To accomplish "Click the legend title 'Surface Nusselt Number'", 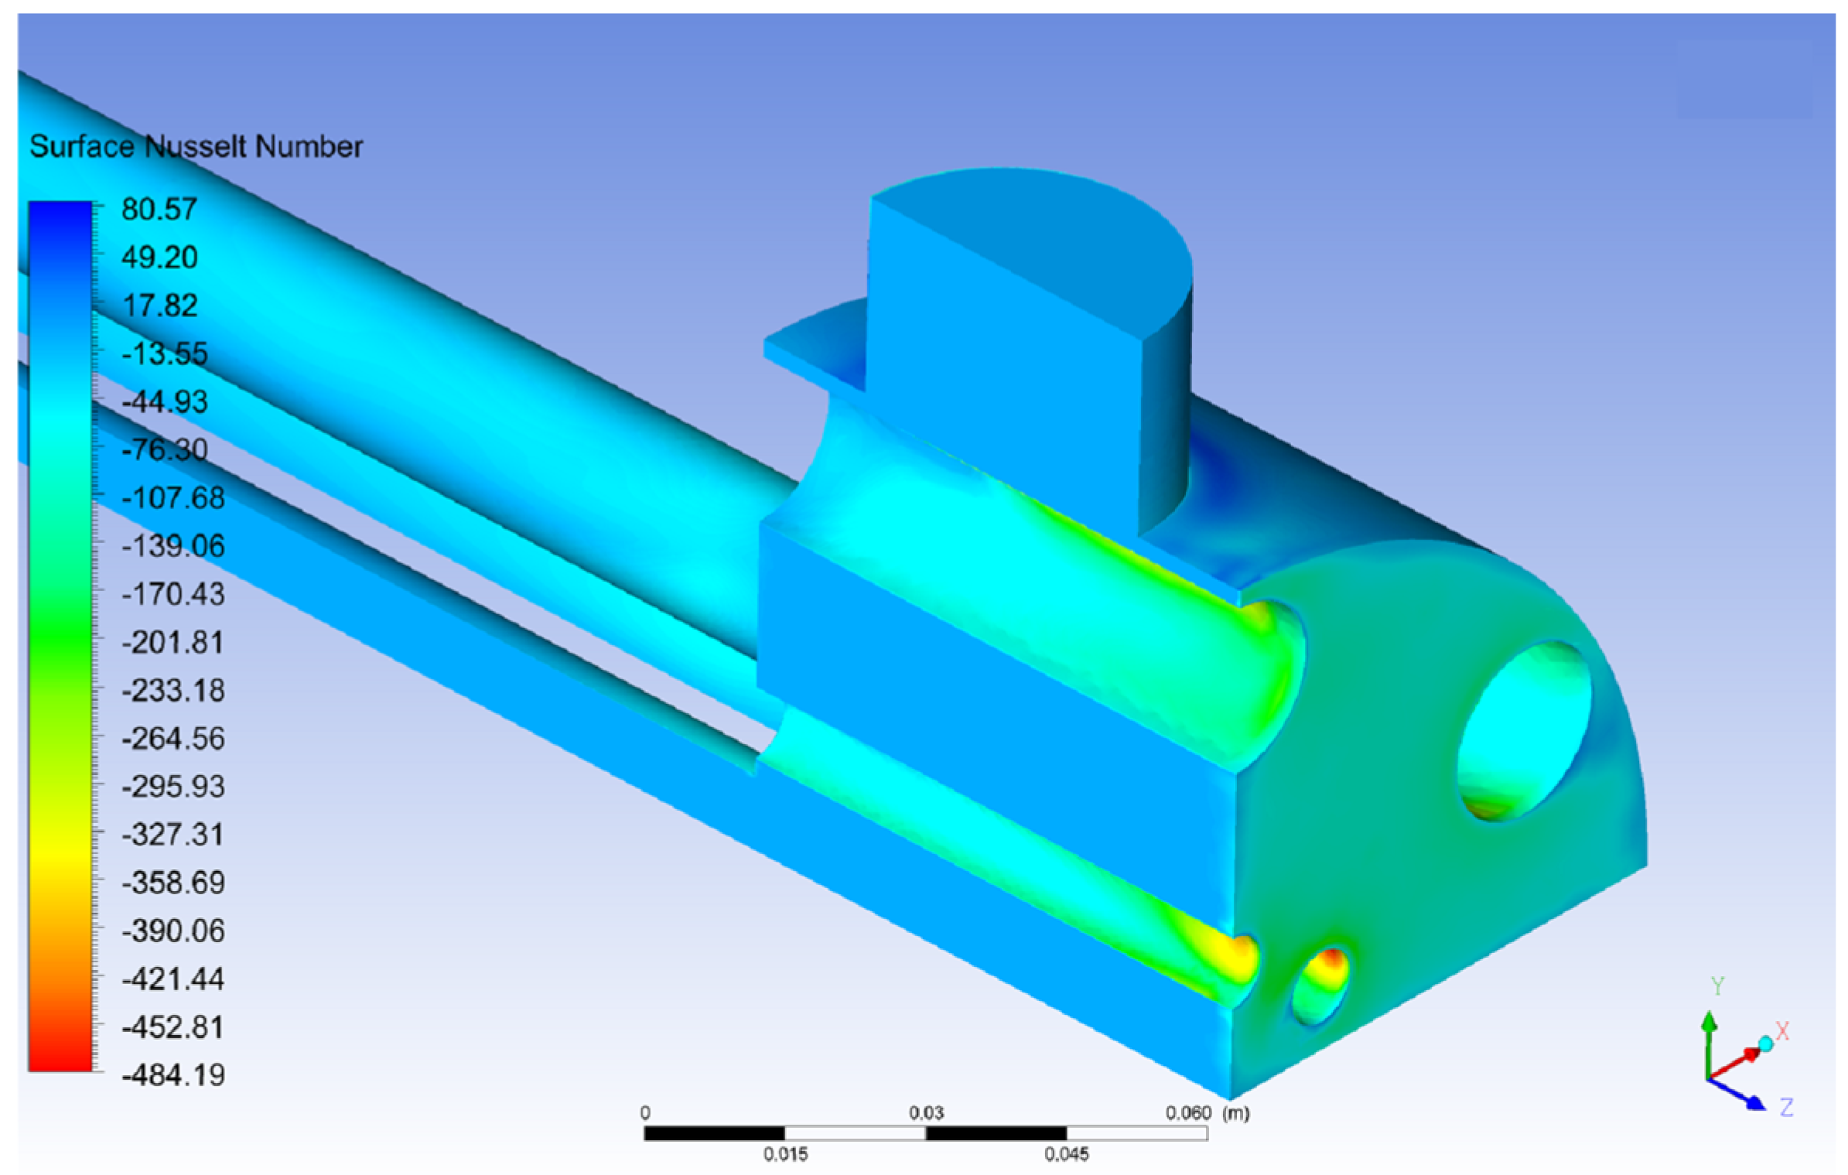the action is [196, 146].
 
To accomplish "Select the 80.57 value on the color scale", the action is [159, 209].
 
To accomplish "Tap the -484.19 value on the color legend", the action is [173, 1074].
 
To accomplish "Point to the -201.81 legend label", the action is [173, 642].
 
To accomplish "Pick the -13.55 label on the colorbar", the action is [165, 354].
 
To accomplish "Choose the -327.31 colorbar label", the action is [173, 834].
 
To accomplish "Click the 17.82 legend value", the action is [159, 306].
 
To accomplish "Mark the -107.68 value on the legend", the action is [173, 497].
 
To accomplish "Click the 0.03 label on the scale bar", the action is [926, 1112].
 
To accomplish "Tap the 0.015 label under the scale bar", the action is [785, 1154].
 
